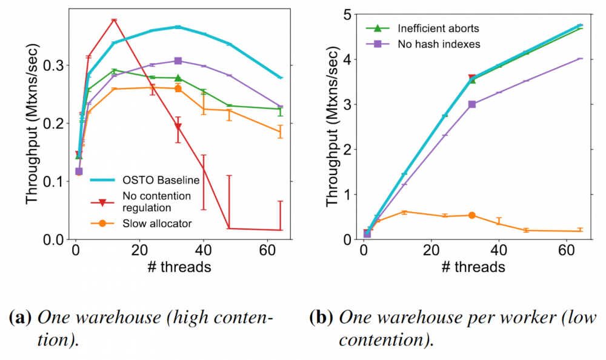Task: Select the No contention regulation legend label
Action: [x=156, y=201]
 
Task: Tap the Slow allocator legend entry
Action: [x=157, y=224]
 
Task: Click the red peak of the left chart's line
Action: [x=113, y=21]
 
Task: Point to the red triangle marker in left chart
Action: [x=178, y=127]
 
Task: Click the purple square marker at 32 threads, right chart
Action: [x=472, y=104]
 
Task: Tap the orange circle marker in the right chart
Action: [x=472, y=215]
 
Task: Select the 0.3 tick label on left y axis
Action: [x=53, y=65]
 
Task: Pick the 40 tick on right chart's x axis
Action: [x=499, y=251]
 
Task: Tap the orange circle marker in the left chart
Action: [x=178, y=88]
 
